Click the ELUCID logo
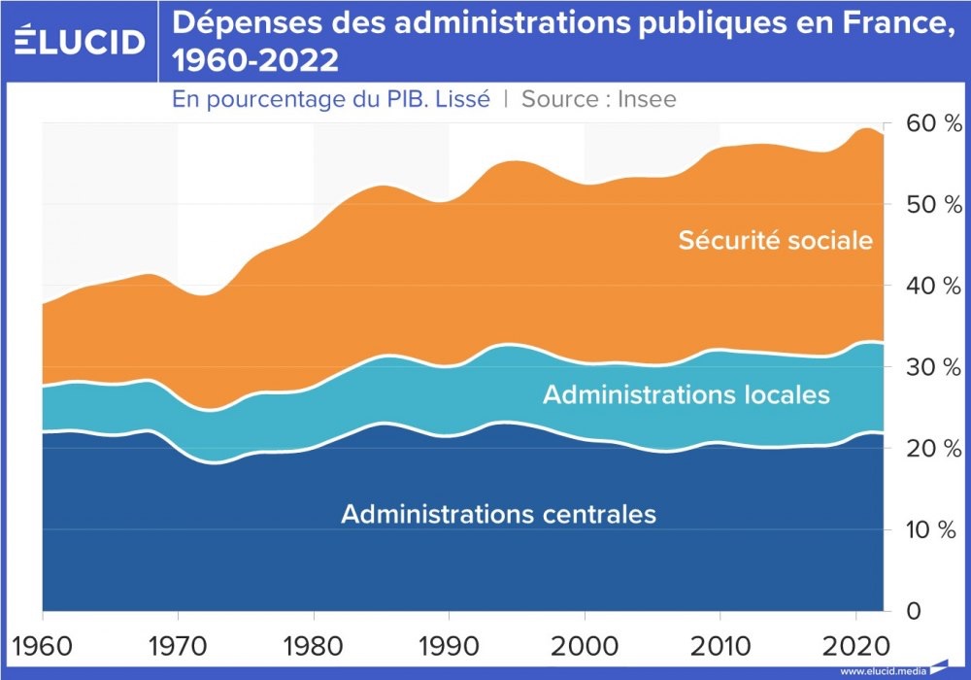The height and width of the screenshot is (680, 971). [80, 41]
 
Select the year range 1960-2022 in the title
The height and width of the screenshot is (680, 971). [255, 61]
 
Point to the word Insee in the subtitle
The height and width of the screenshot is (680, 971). [640, 98]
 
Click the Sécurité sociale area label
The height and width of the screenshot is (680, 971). [775, 239]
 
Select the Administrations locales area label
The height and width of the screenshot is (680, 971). [686, 394]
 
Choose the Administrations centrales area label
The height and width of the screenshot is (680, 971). [498, 513]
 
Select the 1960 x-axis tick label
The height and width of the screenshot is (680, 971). [43, 642]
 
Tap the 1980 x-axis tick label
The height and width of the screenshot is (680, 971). [313, 642]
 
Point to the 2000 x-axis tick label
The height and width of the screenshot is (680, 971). [584, 642]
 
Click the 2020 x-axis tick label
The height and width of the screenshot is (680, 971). [854, 642]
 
